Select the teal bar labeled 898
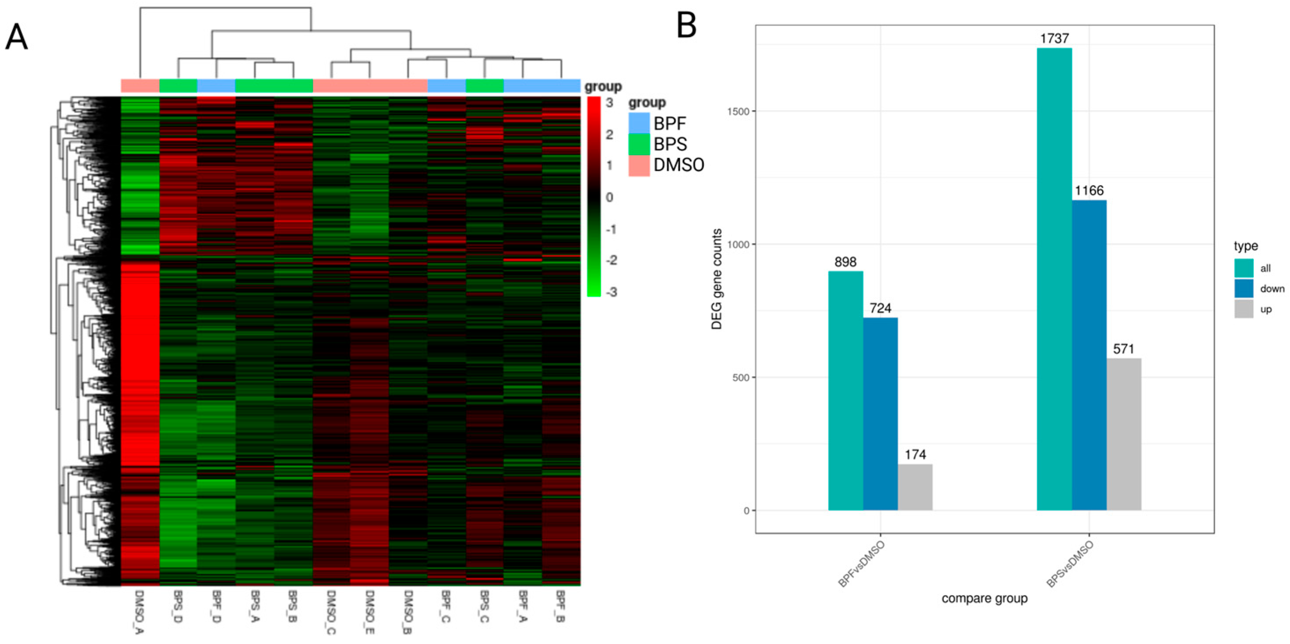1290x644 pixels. tap(845, 391)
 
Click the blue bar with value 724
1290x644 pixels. tap(880, 413)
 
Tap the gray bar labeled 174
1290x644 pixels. tap(915, 487)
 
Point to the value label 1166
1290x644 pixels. tap(1089, 190)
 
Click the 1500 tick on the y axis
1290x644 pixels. tap(739, 111)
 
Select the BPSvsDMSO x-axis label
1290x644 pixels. tap(1070, 564)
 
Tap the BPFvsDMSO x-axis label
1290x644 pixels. tap(861, 564)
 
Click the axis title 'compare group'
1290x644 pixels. tap(984, 599)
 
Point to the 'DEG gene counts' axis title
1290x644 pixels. tap(717, 279)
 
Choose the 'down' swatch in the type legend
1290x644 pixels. tap(1243, 289)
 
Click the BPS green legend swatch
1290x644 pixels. tap(638, 144)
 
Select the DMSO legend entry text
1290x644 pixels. tap(678, 165)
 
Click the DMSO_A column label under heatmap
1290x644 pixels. tap(139, 611)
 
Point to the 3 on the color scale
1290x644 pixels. tap(609, 103)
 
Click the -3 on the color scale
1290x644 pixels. tap(611, 292)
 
